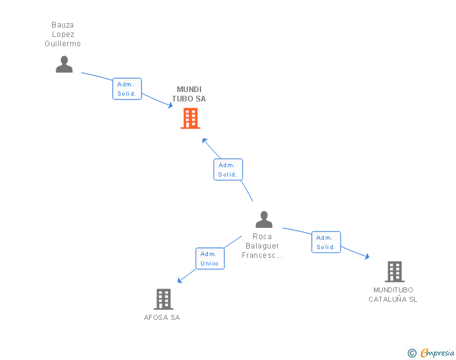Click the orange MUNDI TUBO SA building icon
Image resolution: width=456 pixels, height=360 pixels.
(190, 118)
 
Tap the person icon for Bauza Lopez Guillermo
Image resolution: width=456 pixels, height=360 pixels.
(64, 64)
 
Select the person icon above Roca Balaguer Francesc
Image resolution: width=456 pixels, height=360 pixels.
(264, 219)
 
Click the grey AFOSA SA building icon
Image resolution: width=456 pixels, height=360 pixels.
(163, 299)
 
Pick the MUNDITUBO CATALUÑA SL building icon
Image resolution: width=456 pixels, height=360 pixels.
(394, 272)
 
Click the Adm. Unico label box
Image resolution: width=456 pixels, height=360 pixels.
(210, 259)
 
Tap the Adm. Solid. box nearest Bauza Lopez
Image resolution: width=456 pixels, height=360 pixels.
(127, 89)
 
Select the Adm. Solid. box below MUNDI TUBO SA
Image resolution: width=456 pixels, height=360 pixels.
(228, 170)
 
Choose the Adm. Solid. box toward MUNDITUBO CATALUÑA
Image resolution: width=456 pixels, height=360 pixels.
(326, 242)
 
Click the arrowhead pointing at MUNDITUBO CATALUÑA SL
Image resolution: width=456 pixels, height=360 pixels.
(366, 256)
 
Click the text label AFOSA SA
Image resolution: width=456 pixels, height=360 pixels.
(162, 317)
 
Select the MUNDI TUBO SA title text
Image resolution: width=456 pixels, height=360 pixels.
(189, 94)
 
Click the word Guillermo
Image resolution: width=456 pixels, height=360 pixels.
(63, 44)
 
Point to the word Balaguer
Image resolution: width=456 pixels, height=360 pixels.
(262, 246)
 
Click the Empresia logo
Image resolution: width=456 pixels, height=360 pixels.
(437, 353)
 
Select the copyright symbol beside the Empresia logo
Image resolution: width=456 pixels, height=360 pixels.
(412, 353)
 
